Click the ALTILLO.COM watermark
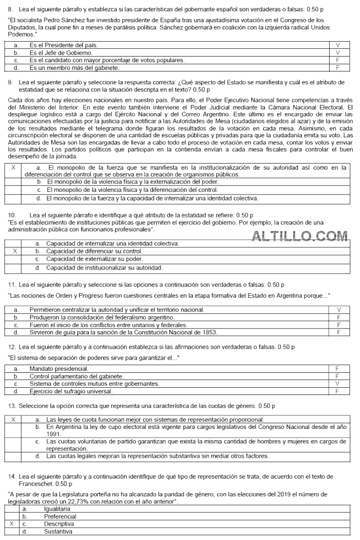[x=300, y=236]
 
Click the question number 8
[x=10, y=9]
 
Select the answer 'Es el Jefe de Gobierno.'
[x=61, y=52]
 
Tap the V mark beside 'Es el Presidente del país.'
[x=338, y=45]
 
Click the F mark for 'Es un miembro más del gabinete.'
[x=338, y=67]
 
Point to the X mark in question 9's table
[x=13, y=167]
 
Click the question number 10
[x=13, y=215]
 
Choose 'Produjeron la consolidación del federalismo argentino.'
[x=102, y=317]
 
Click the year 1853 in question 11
[x=209, y=332]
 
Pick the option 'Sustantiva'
[x=58, y=531]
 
